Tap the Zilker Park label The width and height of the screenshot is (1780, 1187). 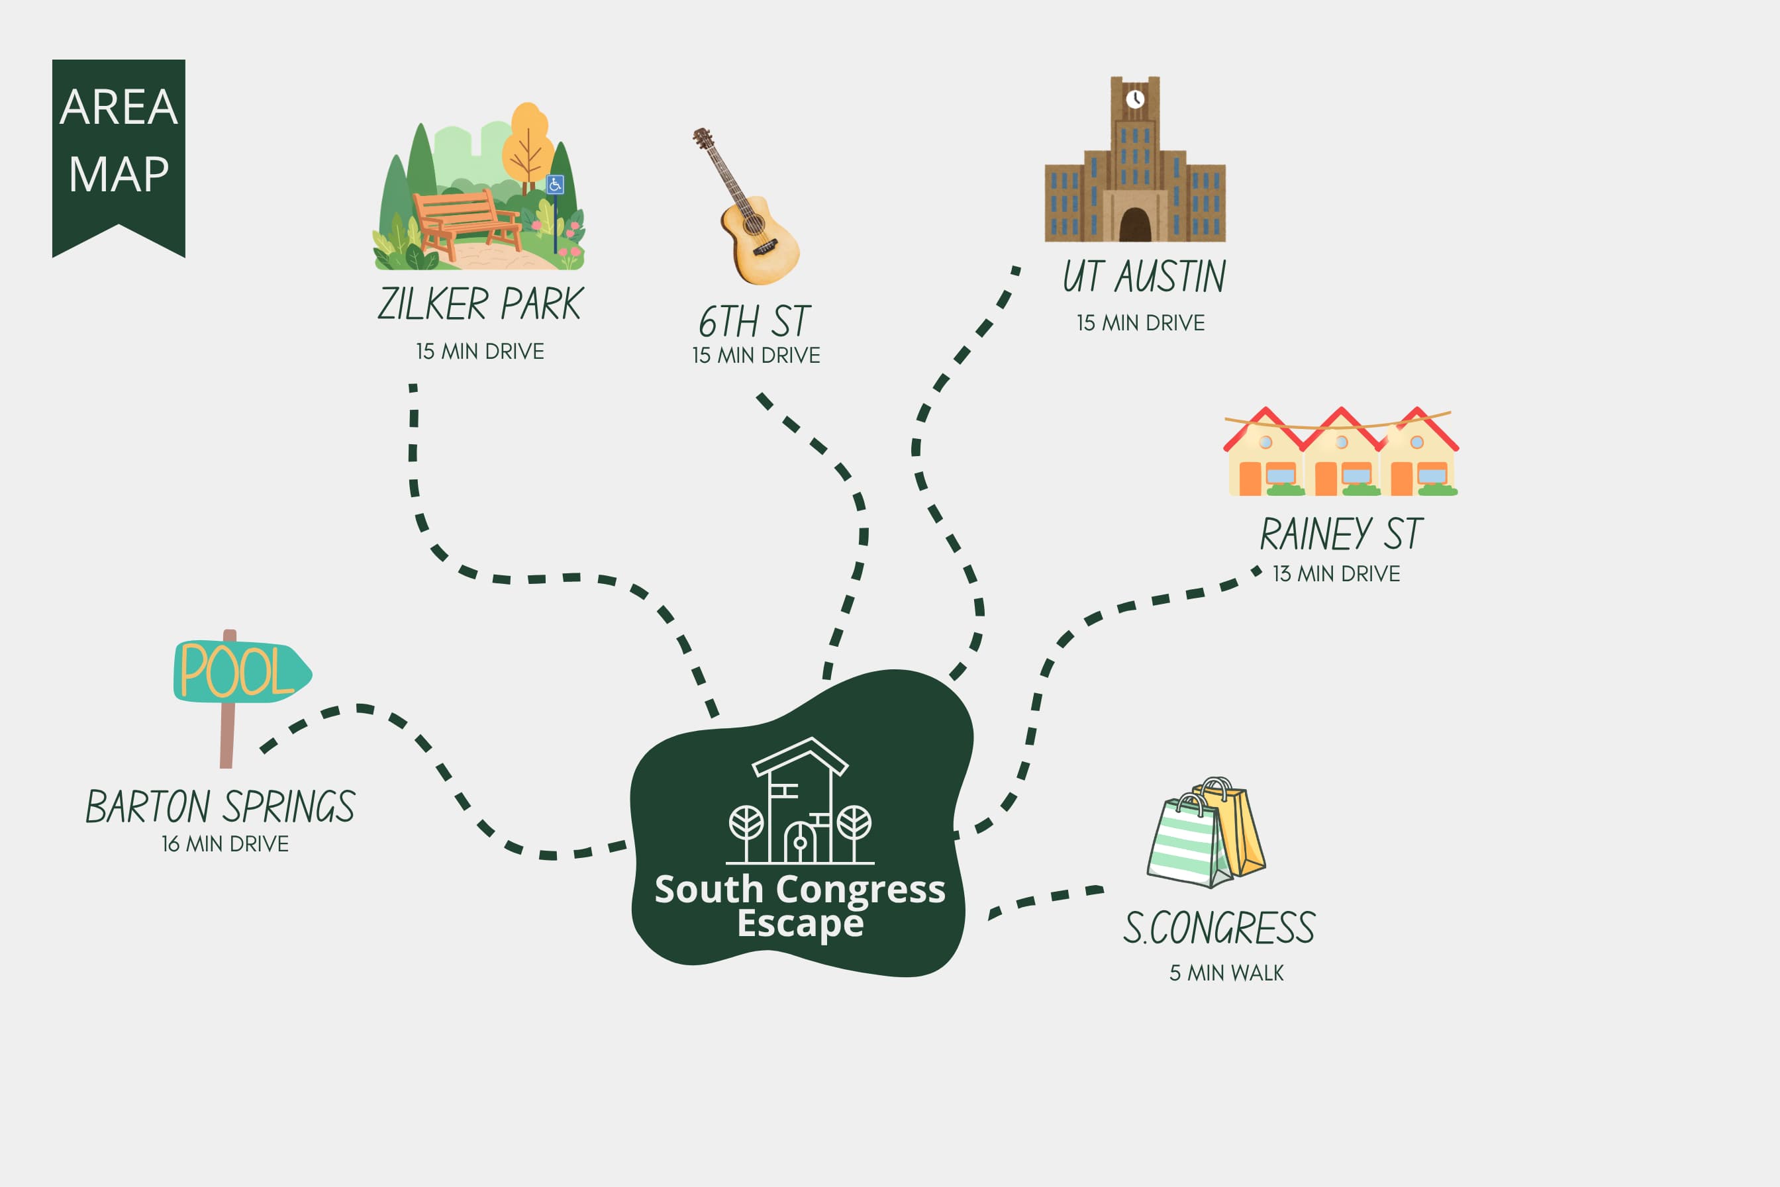(x=480, y=305)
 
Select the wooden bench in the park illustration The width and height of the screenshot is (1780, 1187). (x=464, y=223)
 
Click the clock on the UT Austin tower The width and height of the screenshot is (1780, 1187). (x=1135, y=99)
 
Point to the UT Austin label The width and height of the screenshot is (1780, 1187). (x=1144, y=276)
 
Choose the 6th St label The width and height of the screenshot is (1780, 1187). (x=754, y=322)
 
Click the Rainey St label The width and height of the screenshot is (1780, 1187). (x=1342, y=534)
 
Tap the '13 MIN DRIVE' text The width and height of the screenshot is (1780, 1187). (x=1336, y=574)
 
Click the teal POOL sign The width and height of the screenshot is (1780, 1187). (x=242, y=671)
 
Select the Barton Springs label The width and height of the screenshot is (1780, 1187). (x=221, y=807)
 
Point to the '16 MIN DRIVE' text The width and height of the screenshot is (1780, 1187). (x=225, y=844)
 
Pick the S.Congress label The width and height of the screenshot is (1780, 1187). (x=1219, y=928)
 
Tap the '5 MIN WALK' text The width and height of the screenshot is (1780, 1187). (x=1226, y=973)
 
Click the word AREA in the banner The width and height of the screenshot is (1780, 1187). (x=119, y=107)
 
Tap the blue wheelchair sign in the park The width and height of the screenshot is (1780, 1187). (x=555, y=184)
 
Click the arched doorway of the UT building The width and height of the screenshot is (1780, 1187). (x=1135, y=225)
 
